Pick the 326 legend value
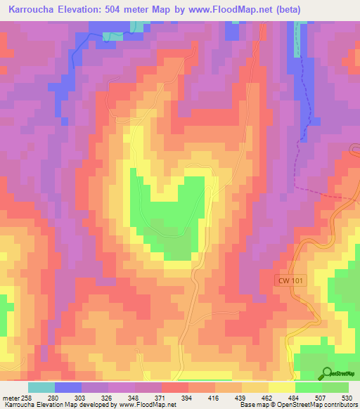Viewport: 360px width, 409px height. click(x=108, y=398)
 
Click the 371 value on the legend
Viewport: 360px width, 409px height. click(x=161, y=398)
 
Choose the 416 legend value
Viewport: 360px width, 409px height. click(x=214, y=398)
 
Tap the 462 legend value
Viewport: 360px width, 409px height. click(x=267, y=398)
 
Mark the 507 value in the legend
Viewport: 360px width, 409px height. click(x=321, y=398)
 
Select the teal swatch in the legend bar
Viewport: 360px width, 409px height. click(x=41, y=387)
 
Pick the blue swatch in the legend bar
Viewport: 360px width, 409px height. click(x=68, y=387)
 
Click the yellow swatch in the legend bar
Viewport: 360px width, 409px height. click(x=281, y=387)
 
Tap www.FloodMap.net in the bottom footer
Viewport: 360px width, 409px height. click(x=147, y=405)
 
